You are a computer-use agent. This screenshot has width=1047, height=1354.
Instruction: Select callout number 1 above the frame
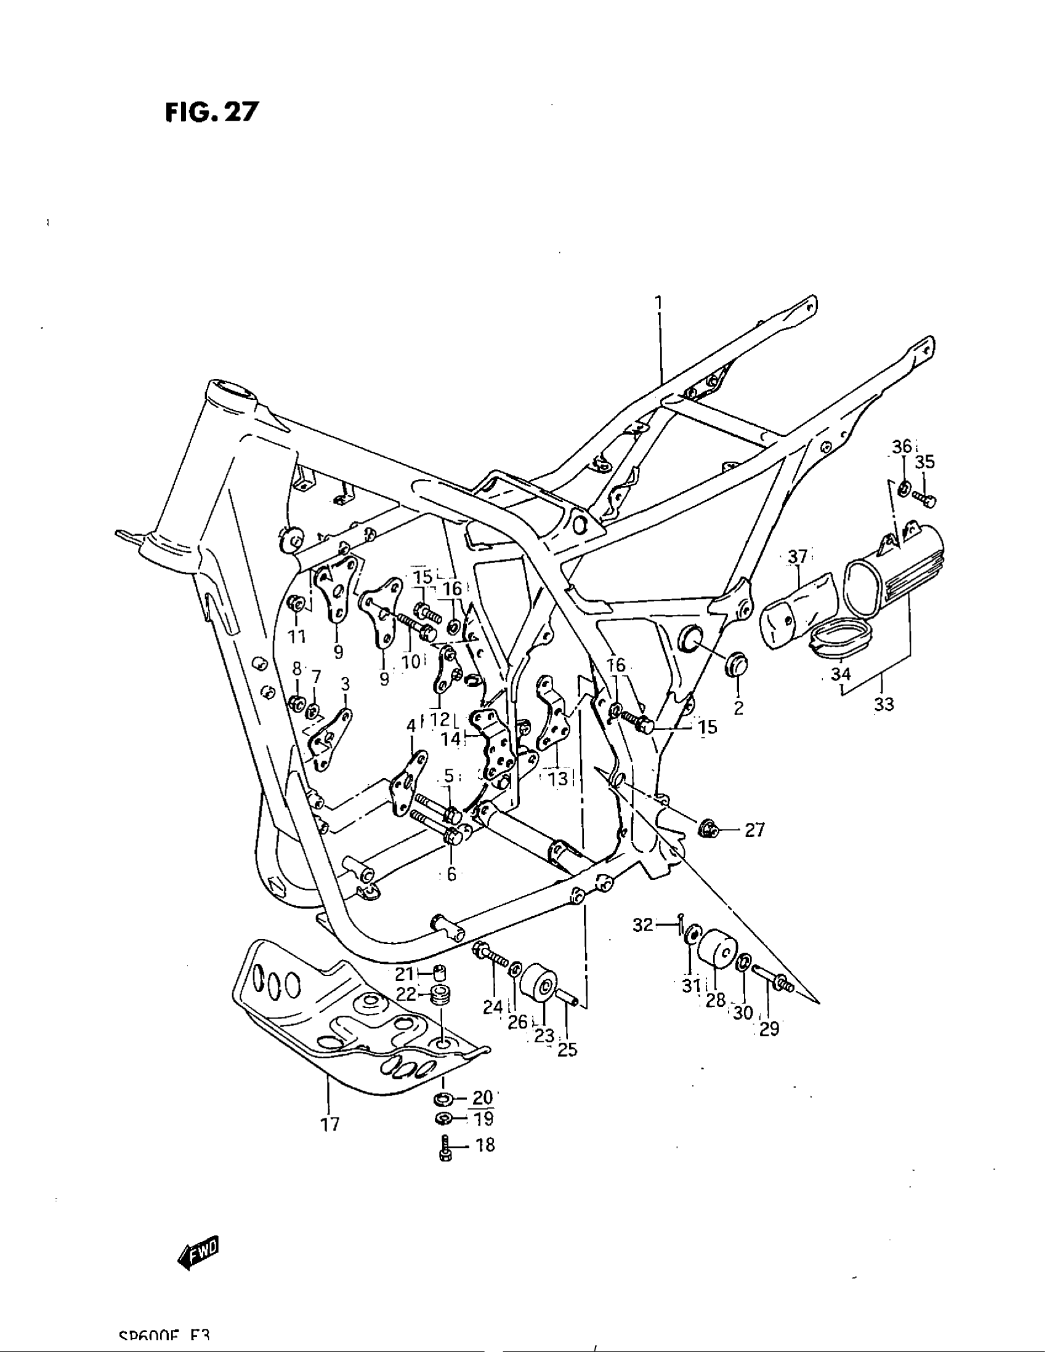pos(659,303)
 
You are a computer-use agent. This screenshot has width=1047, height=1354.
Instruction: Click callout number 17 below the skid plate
pos(331,1123)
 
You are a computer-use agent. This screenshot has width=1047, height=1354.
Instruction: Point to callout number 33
pos(884,704)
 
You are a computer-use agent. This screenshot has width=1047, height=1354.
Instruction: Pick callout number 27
pos(754,830)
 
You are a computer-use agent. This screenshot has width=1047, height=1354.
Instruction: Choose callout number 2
pos(738,707)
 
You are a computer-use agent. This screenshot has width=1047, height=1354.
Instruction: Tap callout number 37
pos(798,557)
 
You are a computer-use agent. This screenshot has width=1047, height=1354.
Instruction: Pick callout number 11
pos(297,636)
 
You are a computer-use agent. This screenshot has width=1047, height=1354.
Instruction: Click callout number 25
pos(567,1049)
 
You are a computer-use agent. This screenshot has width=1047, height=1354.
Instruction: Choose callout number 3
pos(346,684)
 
